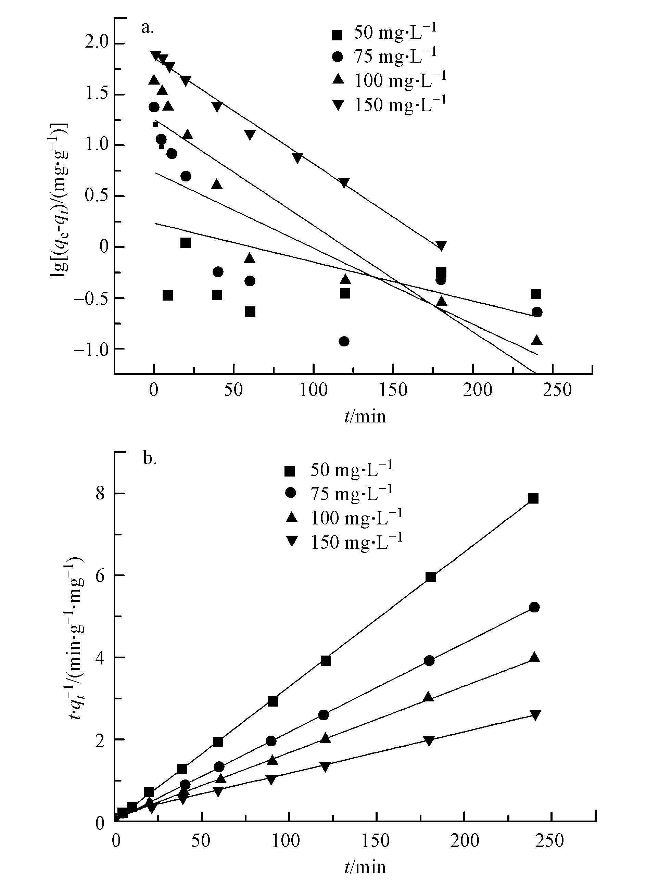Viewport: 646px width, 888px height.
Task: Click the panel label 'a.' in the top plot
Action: [147, 28]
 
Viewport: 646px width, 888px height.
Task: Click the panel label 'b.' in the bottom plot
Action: [150, 459]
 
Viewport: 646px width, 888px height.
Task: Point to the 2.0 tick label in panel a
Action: [98, 43]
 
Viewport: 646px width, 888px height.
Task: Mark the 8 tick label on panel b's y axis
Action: [100, 494]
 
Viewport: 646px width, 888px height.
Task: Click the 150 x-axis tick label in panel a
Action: [393, 390]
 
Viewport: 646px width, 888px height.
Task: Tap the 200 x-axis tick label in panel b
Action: [464, 841]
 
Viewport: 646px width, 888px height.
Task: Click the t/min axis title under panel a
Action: [365, 416]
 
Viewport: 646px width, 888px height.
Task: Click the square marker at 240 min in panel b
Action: [533, 498]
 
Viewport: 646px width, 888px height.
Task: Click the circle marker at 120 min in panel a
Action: [344, 341]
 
